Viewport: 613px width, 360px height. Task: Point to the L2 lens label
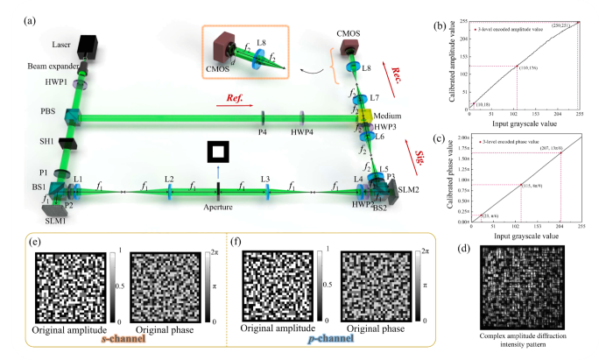(x=169, y=179)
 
